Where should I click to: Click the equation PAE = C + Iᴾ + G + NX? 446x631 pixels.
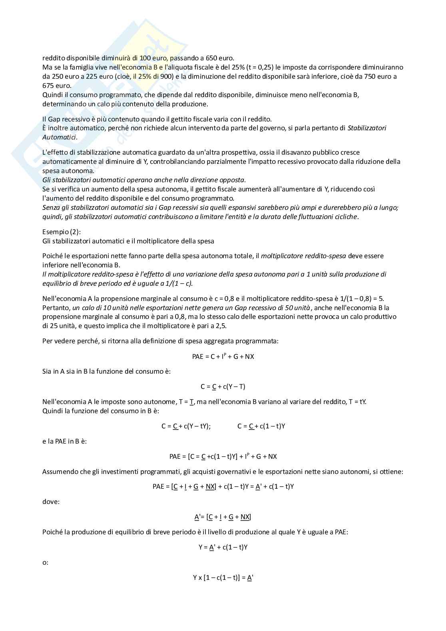223,356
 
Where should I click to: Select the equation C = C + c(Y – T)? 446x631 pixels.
223,386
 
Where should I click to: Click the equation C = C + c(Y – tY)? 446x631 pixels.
186,426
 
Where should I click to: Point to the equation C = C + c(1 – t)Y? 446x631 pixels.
261,426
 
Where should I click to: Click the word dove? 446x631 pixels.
51,502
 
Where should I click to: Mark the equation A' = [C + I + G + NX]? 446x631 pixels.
223,517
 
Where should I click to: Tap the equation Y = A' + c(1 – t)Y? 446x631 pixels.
223,547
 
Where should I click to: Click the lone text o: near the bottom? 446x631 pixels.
46,562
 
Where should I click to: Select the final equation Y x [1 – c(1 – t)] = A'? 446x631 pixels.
223,577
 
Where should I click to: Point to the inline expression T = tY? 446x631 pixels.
357,402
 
